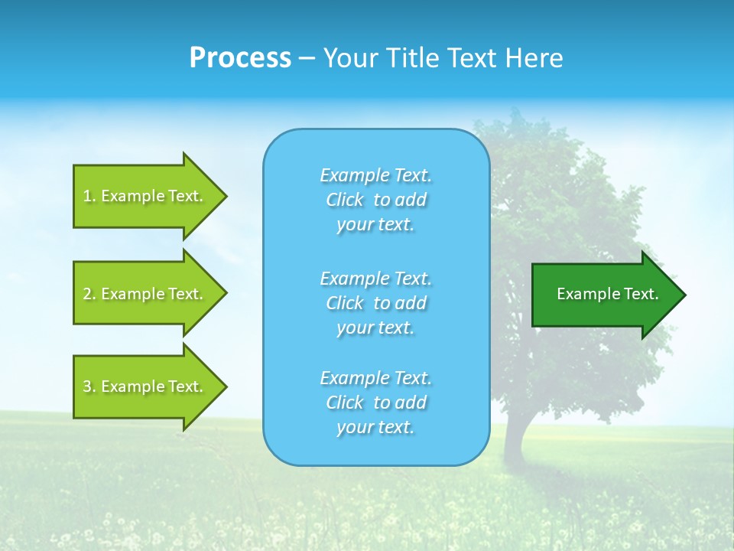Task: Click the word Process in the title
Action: (240, 58)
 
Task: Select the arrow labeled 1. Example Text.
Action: (145, 196)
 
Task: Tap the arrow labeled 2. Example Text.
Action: (145, 294)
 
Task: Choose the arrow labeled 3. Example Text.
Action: (145, 386)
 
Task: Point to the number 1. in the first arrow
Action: (89, 196)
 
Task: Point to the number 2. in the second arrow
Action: (89, 294)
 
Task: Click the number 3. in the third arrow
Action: (89, 386)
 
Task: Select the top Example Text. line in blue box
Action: (375, 175)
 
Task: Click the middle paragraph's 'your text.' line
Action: (375, 328)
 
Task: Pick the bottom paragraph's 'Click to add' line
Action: (375, 403)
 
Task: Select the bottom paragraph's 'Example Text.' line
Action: (375, 378)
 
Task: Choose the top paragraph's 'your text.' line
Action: (375, 225)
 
